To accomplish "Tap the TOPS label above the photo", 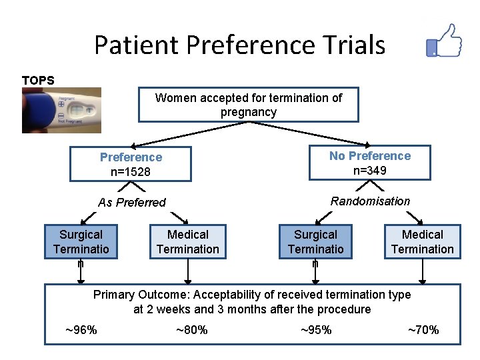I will tap(38, 80).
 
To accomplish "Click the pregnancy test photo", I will tap(61, 110).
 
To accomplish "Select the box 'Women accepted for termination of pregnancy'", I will tap(248, 105).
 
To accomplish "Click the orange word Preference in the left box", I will tap(131, 157).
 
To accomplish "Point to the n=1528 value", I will tap(131, 172).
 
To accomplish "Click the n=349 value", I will tap(370, 171).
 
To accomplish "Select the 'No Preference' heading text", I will tap(370, 156).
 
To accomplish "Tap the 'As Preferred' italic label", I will tap(131, 203).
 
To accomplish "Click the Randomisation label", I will tap(370, 201).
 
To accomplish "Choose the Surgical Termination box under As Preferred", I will tap(81, 242).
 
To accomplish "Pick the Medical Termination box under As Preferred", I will tap(187, 242).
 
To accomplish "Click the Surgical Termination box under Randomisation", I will tap(315, 242).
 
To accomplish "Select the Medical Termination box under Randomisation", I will tap(422, 242).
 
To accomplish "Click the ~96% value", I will tap(81, 330).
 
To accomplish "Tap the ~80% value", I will tap(191, 330).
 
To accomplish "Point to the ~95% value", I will tap(315, 330).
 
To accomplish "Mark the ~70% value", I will tap(423, 330).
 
